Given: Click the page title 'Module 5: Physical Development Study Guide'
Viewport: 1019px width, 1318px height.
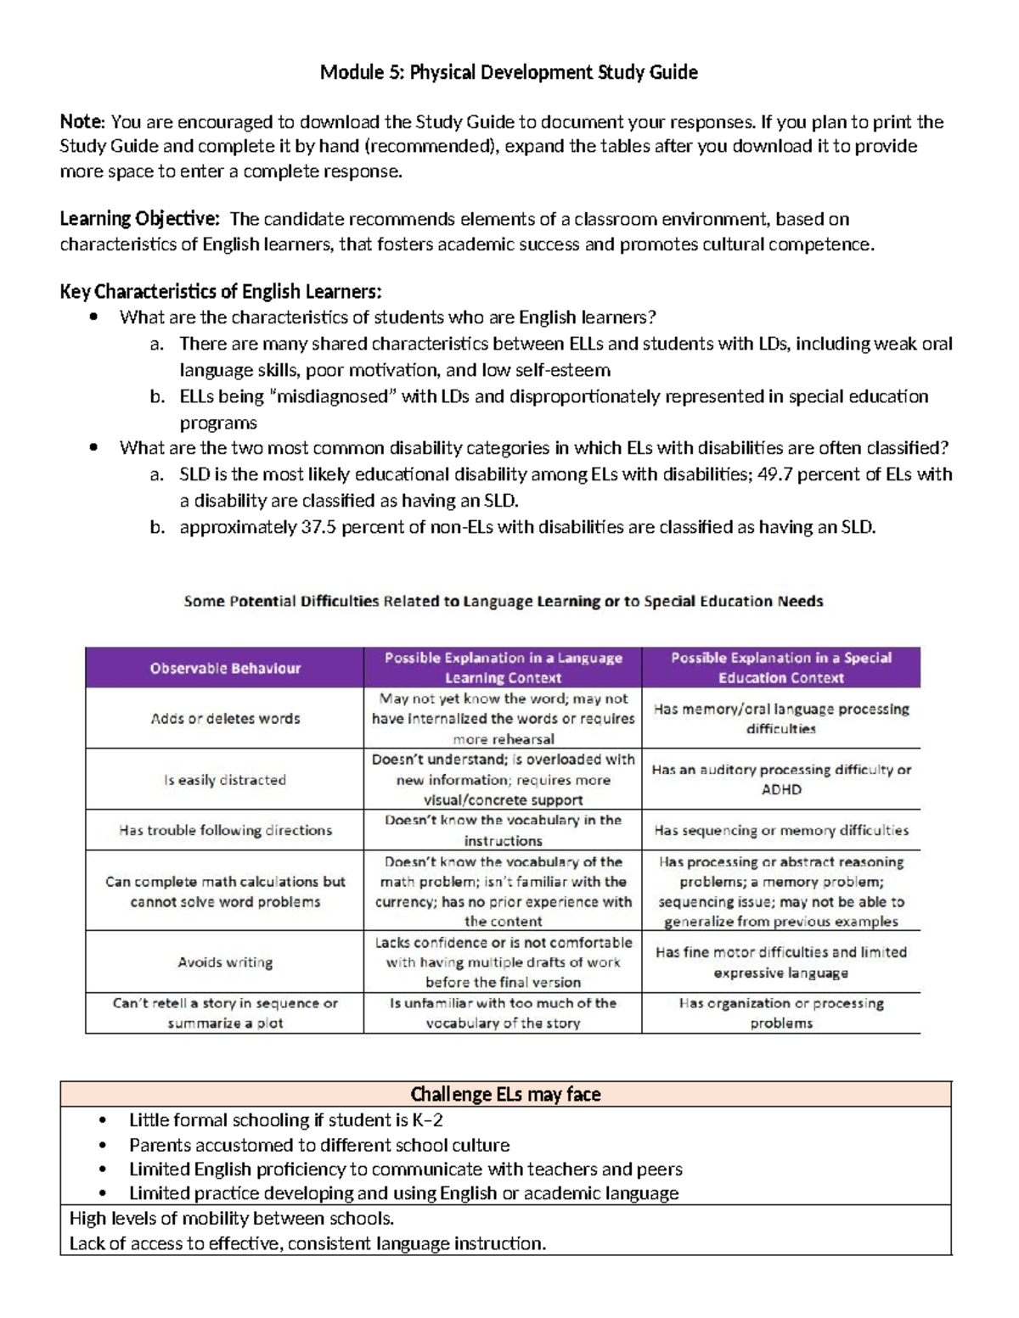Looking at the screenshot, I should [x=509, y=73].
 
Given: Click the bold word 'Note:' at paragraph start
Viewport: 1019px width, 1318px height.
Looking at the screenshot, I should [x=82, y=122].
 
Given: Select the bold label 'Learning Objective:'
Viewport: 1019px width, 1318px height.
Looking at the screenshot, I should [x=139, y=220].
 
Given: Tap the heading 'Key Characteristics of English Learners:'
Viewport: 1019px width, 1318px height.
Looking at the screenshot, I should [x=221, y=292].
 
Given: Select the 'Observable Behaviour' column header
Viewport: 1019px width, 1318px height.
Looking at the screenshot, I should [x=225, y=668].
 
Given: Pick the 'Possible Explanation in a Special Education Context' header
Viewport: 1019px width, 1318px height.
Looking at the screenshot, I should [x=780, y=668].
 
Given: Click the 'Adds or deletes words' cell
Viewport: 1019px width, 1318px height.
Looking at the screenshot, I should [x=225, y=718].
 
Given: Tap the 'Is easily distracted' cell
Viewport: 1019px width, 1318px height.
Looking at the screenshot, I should [x=225, y=779].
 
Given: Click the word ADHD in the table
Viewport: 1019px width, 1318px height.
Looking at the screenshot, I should [x=780, y=789].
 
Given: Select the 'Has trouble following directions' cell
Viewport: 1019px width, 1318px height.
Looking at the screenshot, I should [x=225, y=830].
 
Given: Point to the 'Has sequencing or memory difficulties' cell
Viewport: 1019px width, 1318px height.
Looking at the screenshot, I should [x=780, y=830].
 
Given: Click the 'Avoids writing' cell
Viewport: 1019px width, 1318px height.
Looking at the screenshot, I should [x=225, y=962].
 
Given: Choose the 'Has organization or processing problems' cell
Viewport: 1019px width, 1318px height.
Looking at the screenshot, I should [x=780, y=1012].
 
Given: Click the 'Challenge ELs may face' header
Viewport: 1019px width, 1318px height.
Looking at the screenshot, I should [x=505, y=1094].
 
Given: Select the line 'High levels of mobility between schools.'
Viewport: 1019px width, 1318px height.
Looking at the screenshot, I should [x=232, y=1219].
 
